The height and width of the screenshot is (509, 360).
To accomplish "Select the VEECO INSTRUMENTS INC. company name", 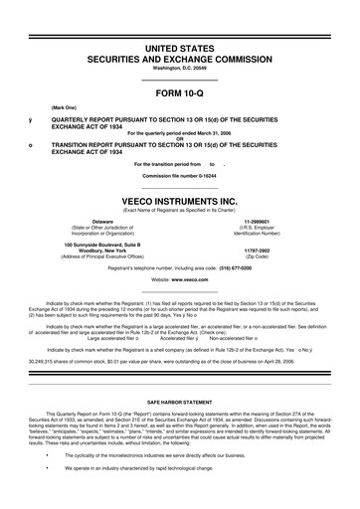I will click(x=179, y=198).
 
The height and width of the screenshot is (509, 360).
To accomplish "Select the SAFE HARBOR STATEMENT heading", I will click(x=180, y=394).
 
